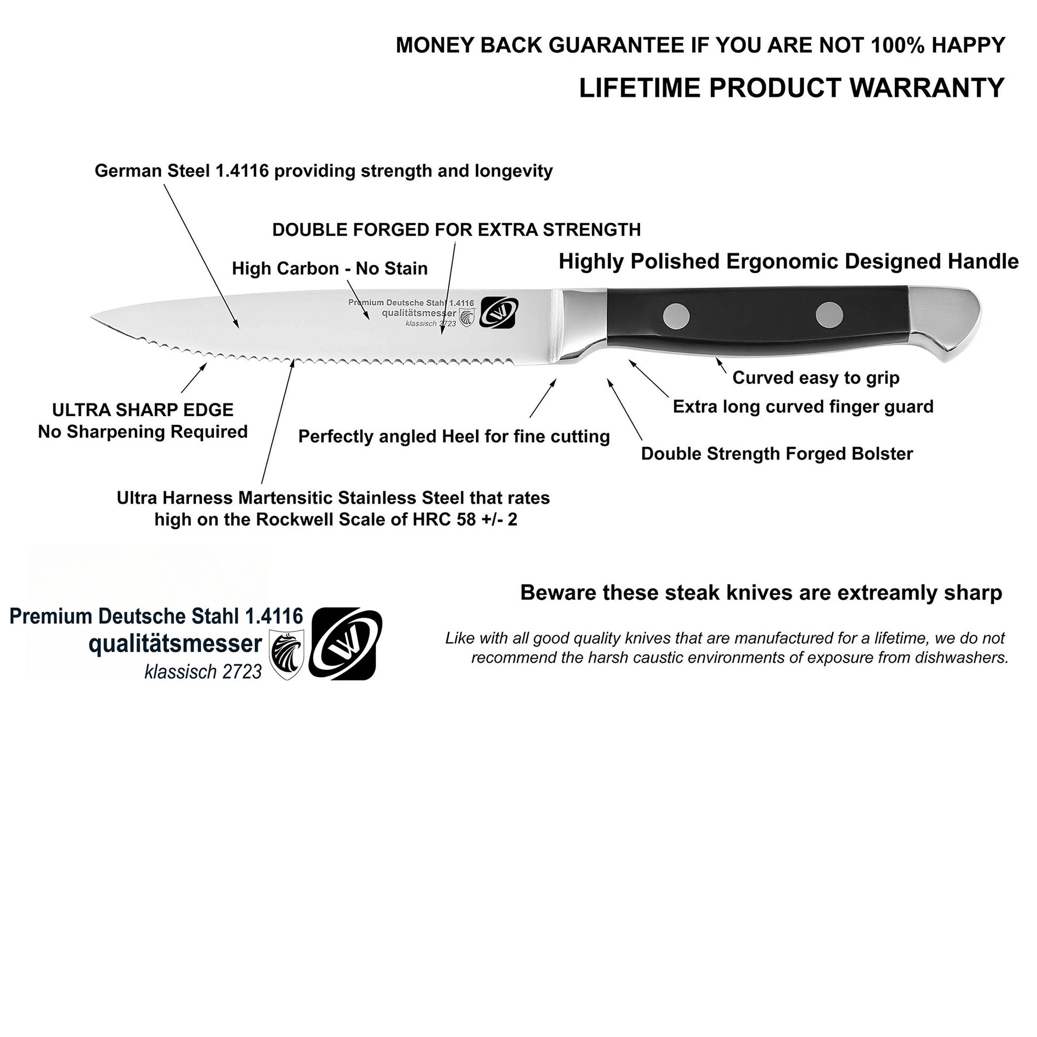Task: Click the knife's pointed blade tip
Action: click(x=93, y=318)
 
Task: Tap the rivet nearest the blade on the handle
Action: click(x=676, y=315)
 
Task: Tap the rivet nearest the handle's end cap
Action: click(x=829, y=314)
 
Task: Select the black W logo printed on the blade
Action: click(x=499, y=312)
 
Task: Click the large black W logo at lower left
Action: click(x=346, y=644)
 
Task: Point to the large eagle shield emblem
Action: click(x=287, y=654)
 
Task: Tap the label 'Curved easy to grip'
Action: click(x=815, y=378)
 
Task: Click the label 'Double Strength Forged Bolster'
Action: click(x=776, y=453)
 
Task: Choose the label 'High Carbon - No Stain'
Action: click(x=329, y=269)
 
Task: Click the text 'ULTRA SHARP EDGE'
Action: click(x=143, y=410)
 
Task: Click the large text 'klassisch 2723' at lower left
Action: click(x=203, y=671)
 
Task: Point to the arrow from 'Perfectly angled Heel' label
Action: click(x=542, y=398)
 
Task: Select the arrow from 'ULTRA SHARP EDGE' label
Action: click(x=194, y=378)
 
